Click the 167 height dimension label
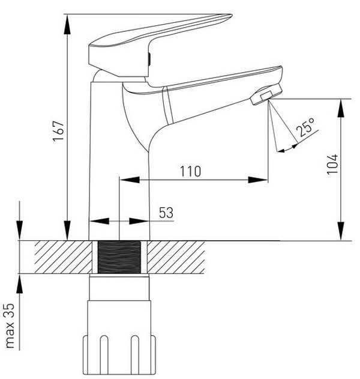pyautogui.click(x=59, y=131)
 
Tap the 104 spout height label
pyautogui.click(x=332, y=164)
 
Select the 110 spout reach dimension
pyautogui.click(x=191, y=171)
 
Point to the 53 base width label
pyautogui.click(x=166, y=213)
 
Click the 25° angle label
pyautogui.click(x=305, y=127)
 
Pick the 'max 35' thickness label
pyautogui.click(x=10, y=326)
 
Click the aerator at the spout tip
pyautogui.click(x=266, y=94)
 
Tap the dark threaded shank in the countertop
pyautogui.click(x=119, y=257)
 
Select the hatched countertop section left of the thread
pyautogui.click(x=64, y=257)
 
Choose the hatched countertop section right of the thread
pyautogui.click(x=176, y=257)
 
